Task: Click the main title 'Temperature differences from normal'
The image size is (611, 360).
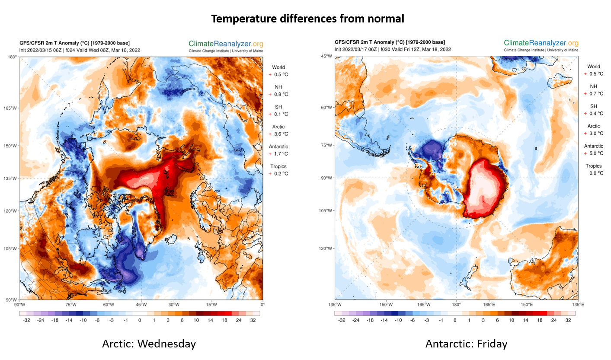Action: pos(307,19)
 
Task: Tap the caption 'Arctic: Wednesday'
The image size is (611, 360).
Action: pos(149,344)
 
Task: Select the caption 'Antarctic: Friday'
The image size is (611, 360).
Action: pos(466,344)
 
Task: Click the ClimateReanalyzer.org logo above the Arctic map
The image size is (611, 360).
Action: pos(226,43)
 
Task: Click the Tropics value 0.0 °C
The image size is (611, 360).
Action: pos(594,173)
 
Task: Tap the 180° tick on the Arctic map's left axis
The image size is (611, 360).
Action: pos(13,57)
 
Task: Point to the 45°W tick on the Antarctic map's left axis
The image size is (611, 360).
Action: pos(327,57)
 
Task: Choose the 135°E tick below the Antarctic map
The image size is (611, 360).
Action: pos(578,305)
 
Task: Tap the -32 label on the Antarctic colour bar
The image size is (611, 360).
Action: pos(341,320)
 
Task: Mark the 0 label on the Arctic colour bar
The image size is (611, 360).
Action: pos(140,320)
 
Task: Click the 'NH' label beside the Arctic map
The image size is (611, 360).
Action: pos(278,87)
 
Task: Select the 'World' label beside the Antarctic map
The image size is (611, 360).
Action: pos(593,67)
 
